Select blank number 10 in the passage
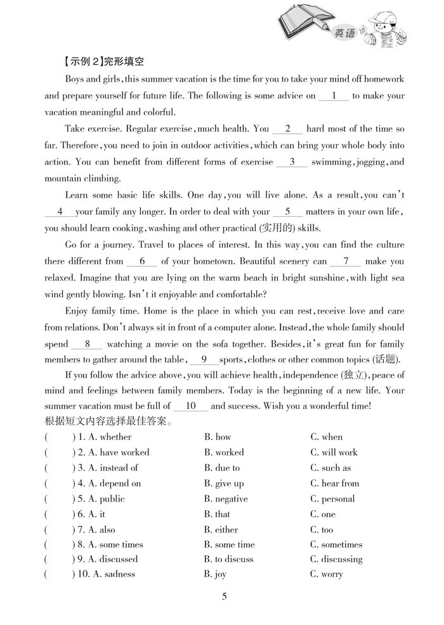190,406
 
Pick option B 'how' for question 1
218,437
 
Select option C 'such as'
330,468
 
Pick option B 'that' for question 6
217,514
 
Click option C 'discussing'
336,559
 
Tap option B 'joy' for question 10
215,574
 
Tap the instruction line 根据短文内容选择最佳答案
108,421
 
